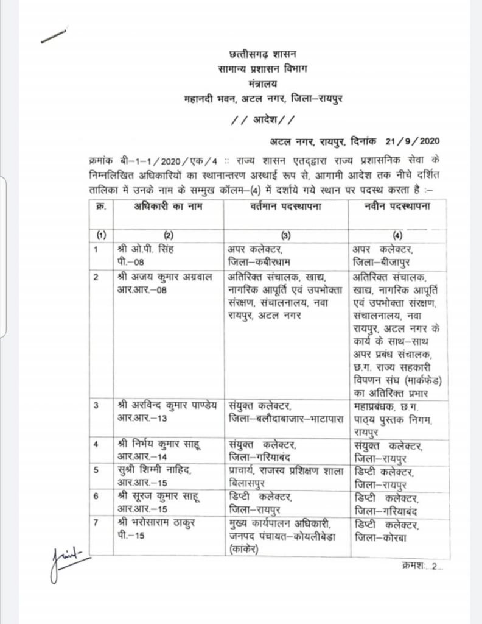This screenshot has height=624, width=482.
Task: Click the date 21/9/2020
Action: pyautogui.click(x=412, y=143)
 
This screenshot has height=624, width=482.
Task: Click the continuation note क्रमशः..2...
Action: pyautogui.click(x=423, y=567)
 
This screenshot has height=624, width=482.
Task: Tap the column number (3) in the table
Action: pyautogui.click(x=284, y=235)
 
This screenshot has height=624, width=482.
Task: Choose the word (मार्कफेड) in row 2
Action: pyautogui.click(x=419, y=380)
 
